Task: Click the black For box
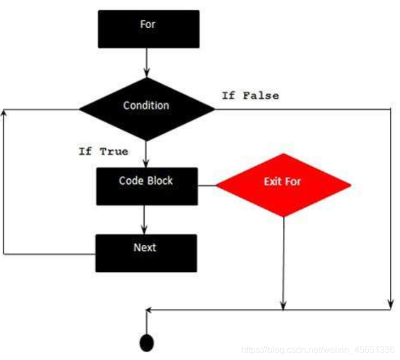(148, 29)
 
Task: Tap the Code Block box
(147, 186)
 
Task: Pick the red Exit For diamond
(283, 184)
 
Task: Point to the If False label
(250, 96)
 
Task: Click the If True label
(103, 151)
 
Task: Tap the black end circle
(147, 342)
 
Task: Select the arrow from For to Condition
(147, 62)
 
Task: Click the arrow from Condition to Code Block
(146, 154)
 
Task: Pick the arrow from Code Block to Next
(145, 219)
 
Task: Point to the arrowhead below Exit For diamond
(283, 305)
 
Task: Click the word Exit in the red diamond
(273, 182)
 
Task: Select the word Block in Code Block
(161, 181)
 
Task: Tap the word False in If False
(261, 96)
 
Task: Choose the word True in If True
(114, 151)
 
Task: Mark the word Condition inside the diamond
(146, 105)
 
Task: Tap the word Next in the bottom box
(145, 248)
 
